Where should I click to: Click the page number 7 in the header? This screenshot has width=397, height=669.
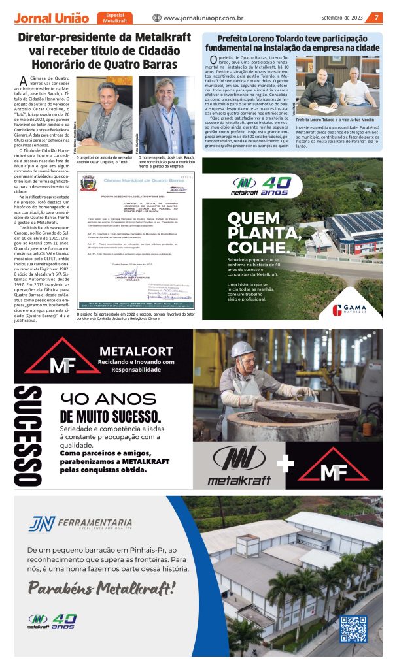point(377,18)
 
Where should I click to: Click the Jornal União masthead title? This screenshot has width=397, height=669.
point(52,18)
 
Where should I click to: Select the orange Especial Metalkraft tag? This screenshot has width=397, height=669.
point(115,18)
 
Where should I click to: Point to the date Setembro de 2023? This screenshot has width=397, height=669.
point(342,18)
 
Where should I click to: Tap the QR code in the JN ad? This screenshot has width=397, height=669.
point(354,628)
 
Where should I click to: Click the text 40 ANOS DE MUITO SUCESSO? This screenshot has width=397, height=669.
point(119,408)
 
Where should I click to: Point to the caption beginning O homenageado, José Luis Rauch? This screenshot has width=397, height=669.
point(166,161)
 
